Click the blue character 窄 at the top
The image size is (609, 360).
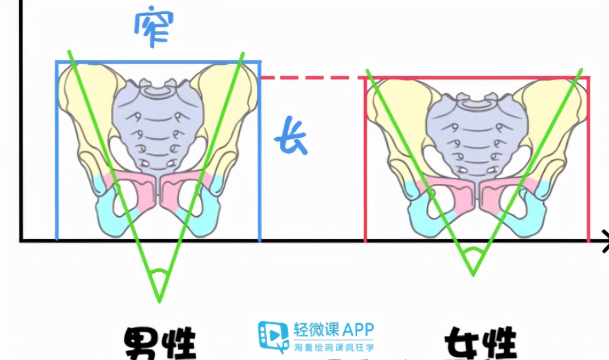click(153, 27)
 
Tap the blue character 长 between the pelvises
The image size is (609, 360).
click(291, 141)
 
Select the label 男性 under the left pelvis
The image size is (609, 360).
click(160, 343)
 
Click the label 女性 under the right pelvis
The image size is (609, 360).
click(480, 343)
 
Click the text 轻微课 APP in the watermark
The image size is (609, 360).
click(334, 330)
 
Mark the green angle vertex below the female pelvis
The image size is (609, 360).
click(473, 273)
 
